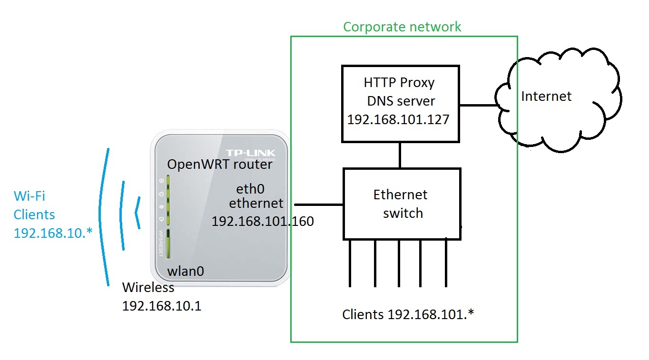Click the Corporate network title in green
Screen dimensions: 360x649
click(402, 27)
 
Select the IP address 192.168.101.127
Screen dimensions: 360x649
click(398, 119)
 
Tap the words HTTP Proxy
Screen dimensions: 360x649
click(399, 83)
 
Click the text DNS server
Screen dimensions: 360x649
click(401, 101)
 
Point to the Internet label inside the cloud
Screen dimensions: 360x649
click(546, 97)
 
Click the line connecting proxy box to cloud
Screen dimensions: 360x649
click(481, 105)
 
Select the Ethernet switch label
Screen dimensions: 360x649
click(401, 204)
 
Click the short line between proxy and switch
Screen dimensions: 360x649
click(400, 155)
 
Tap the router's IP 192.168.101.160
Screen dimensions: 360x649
click(263, 221)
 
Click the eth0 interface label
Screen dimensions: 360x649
click(250, 189)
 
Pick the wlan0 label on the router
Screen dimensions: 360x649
click(186, 272)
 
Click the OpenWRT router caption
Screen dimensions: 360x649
click(220, 165)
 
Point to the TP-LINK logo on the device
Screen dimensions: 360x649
click(257, 152)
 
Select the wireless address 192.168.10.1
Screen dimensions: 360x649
click(162, 305)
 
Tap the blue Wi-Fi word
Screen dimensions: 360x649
click(29, 196)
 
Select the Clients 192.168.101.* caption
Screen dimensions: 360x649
click(408, 314)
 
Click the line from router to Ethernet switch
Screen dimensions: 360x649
click(319, 204)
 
